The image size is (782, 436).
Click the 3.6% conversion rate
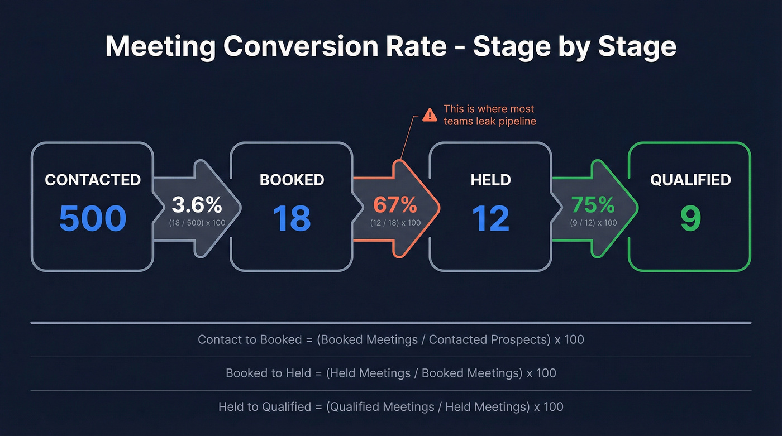(x=197, y=205)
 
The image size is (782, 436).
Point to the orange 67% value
(x=395, y=205)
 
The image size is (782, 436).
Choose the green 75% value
(x=593, y=205)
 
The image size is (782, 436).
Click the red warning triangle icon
(x=430, y=115)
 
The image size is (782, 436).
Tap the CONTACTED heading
(x=93, y=180)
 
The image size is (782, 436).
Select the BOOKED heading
(x=292, y=180)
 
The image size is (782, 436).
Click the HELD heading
(x=490, y=180)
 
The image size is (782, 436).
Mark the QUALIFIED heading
(x=690, y=180)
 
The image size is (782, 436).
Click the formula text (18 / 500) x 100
(x=197, y=223)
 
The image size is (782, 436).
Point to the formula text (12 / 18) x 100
(x=395, y=223)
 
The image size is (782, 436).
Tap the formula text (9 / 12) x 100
(x=593, y=223)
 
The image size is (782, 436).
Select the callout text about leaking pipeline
(x=489, y=115)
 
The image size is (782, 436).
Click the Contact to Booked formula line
(x=390, y=339)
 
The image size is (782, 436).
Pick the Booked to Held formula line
(x=390, y=373)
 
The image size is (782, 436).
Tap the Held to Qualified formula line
(x=390, y=406)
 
